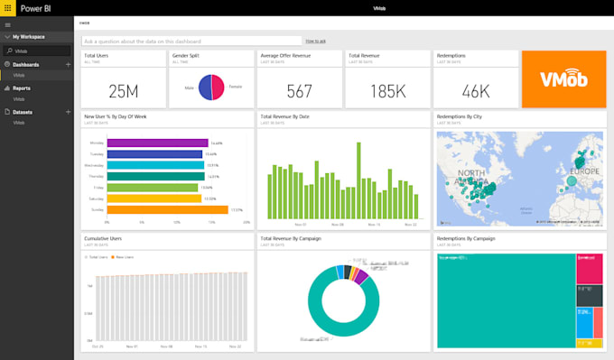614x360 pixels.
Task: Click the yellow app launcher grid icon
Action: point(7,7)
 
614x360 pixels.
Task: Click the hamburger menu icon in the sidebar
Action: point(7,24)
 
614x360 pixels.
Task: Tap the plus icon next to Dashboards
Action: point(68,65)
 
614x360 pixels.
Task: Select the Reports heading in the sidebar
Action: point(21,88)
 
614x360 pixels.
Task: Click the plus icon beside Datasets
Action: point(68,111)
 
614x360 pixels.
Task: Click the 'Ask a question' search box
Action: point(191,41)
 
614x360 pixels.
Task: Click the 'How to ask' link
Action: point(315,41)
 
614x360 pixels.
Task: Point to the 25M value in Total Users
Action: point(122,90)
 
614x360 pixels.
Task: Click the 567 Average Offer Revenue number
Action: point(299,90)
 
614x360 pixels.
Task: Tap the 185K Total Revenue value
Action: point(386,90)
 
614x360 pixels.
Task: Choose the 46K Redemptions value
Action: point(475,90)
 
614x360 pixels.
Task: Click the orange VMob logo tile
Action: point(564,78)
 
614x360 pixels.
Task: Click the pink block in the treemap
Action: point(590,268)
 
